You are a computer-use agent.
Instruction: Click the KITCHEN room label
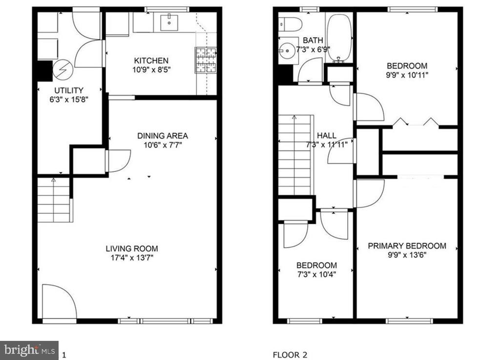tap(151, 61)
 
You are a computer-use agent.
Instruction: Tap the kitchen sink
tap(169, 22)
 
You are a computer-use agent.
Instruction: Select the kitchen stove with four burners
tap(206, 60)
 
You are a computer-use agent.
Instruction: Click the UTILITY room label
tap(69, 90)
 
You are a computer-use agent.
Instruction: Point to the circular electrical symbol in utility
tap(63, 70)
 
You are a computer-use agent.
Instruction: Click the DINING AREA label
tap(163, 136)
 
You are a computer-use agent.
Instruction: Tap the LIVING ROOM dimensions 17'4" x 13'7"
tap(132, 257)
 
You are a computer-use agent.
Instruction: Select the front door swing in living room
tap(60, 301)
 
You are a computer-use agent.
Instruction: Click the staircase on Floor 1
tap(54, 200)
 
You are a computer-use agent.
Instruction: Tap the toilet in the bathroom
tap(290, 24)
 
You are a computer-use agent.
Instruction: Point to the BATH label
tap(313, 41)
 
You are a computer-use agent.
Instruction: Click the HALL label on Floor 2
tap(327, 135)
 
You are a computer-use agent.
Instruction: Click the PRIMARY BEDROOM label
tap(407, 246)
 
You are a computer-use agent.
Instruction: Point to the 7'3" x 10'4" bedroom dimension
tap(316, 274)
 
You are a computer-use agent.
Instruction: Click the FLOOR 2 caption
tap(290, 355)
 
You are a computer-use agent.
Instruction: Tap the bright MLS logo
tap(29, 350)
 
